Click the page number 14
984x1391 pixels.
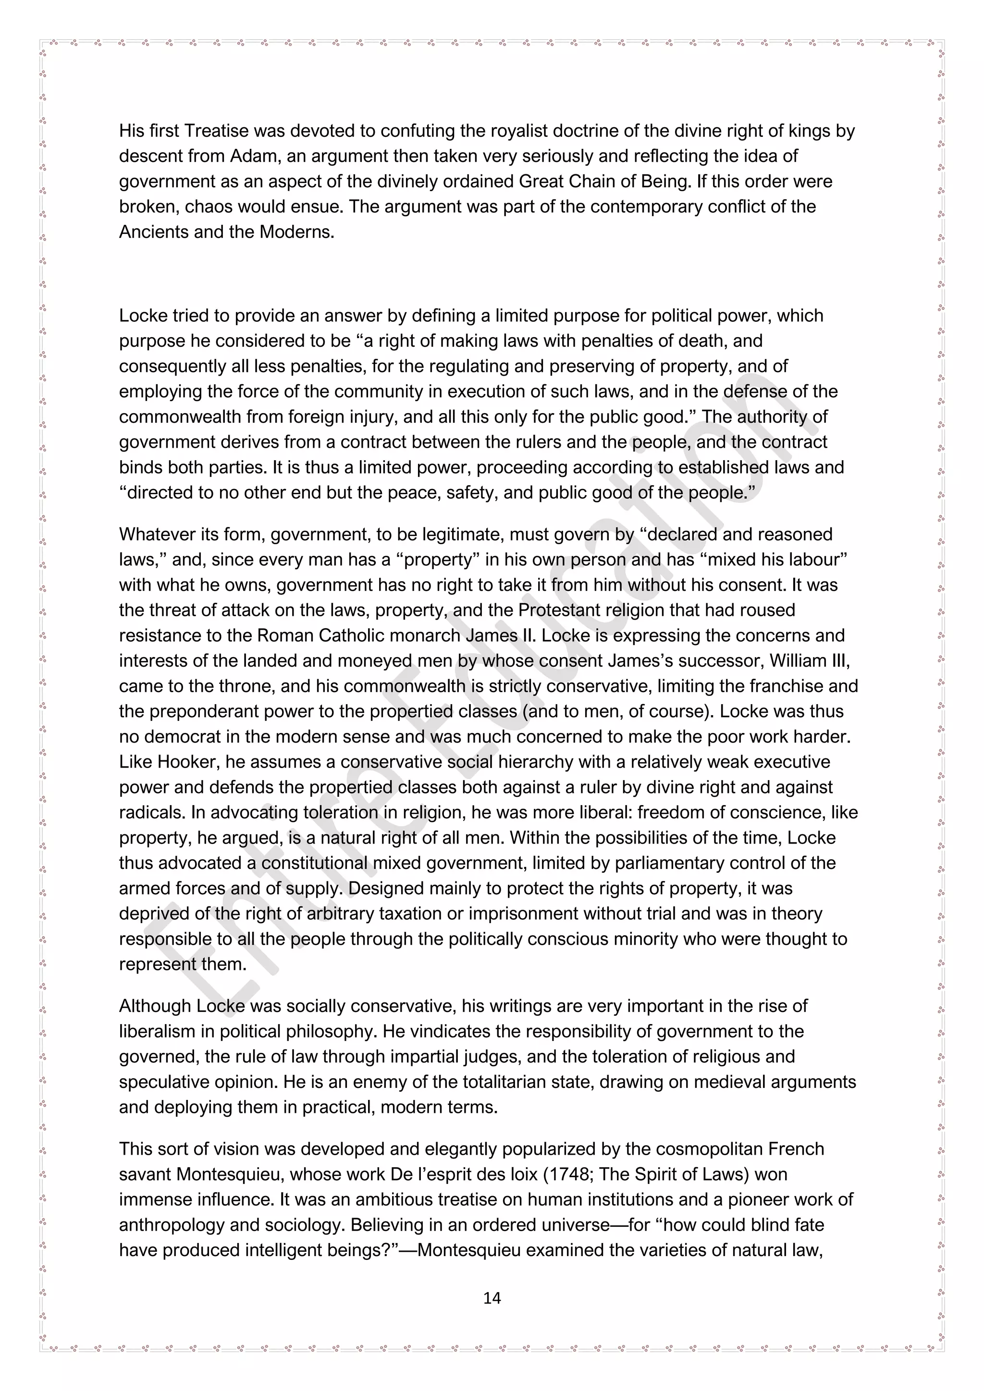tap(492, 1297)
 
